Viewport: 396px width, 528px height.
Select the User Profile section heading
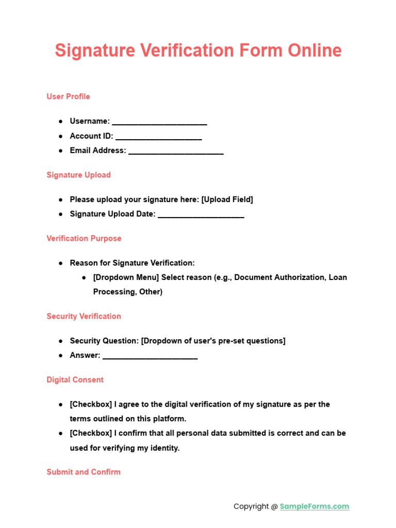(68, 96)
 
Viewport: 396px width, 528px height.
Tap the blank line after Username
(159, 122)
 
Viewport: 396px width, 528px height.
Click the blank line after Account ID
(158, 137)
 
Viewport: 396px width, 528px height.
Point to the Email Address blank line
(176, 152)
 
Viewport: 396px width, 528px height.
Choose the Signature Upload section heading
(78, 175)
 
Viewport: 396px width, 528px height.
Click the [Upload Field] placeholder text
(227, 200)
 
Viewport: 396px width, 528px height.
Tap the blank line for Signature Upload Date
(201, 215)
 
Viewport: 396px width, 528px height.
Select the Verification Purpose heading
(84, 238)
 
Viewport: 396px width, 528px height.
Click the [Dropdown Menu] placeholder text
(126, 277)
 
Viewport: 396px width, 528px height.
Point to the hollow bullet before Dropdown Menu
(84, 277)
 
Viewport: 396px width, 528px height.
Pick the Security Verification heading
(84, 316)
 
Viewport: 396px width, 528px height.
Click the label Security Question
(104, 341)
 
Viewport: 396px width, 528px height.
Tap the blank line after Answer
(150, 356)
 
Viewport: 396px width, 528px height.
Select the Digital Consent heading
(75, 379)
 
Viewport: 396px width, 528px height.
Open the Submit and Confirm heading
(84, 472)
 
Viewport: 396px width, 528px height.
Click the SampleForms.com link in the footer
(315, 506)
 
